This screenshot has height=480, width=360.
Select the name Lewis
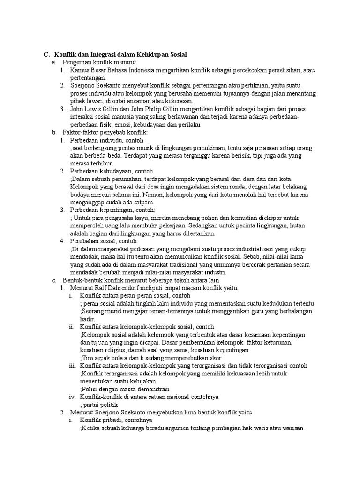coord(91,109)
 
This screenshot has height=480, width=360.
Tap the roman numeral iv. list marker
coord(73,397)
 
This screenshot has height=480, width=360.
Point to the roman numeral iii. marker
coord(72,366)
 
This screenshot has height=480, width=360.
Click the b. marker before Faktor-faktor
coord(54,133)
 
